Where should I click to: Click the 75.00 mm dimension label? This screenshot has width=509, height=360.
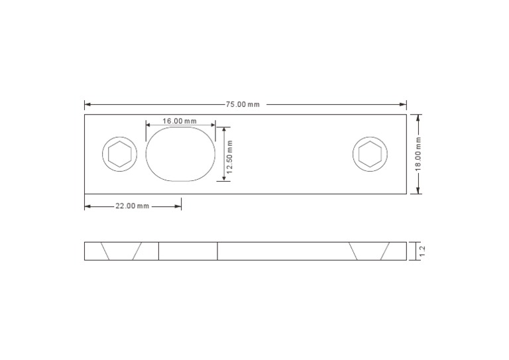point(243,105)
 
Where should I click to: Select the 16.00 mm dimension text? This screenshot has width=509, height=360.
point(180,121)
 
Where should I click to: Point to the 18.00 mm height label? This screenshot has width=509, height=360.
point(418,154)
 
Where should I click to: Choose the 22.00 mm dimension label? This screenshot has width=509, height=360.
point(133,206)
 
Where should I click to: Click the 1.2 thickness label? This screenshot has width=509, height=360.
point(422,251)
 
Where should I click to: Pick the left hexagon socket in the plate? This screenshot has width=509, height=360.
point(120,154)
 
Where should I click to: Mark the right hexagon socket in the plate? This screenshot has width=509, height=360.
point(370,154)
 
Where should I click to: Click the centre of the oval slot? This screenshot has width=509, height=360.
point(182,154)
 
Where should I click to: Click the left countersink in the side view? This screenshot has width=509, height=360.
point(121,251)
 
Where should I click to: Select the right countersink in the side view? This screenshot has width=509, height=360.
point(370,251)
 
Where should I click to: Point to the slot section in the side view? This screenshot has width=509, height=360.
point(188,251)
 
